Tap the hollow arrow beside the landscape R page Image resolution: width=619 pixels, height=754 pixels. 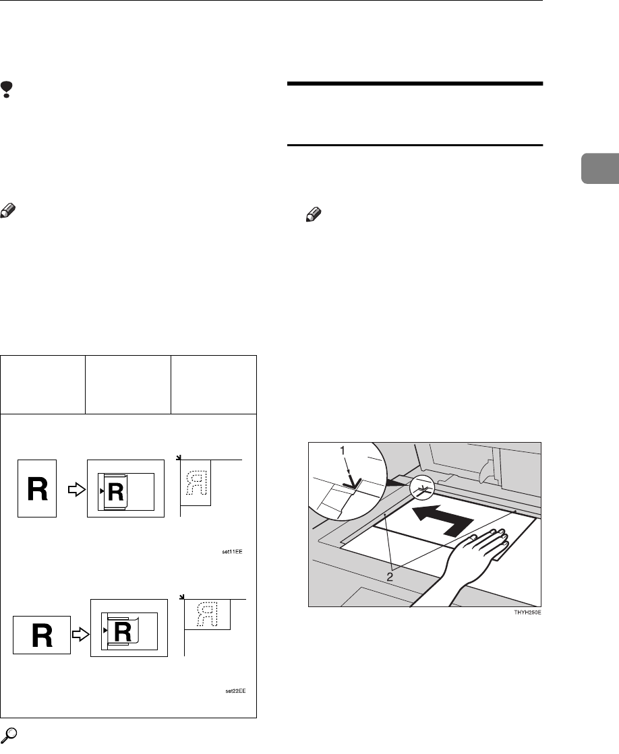pyautogui.click(x=80, y=636)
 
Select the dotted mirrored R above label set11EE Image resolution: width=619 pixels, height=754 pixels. pyautogui.click(x=196, y=482)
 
